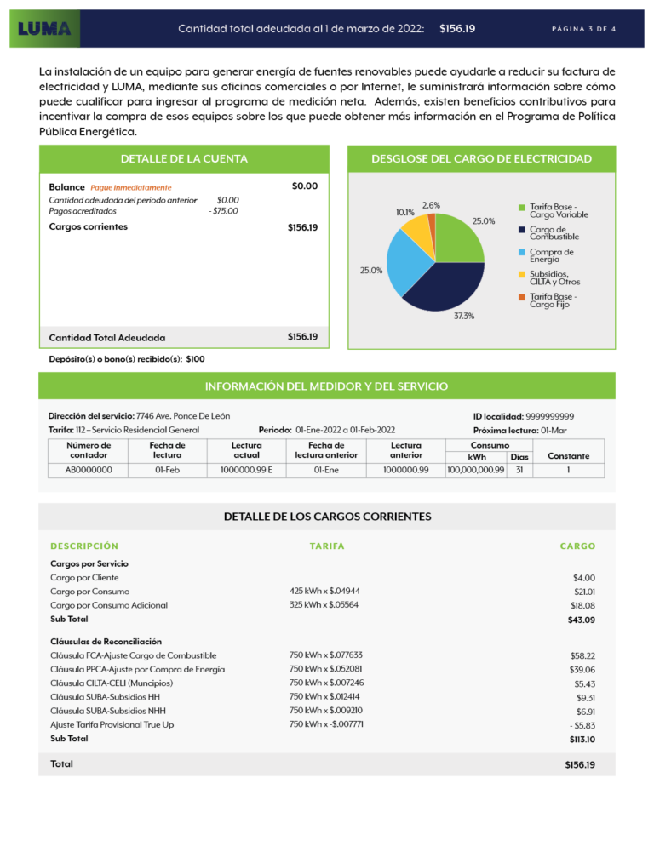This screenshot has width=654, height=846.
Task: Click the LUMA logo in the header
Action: coord(44,28)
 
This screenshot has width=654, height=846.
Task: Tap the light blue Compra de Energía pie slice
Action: coord(407,258)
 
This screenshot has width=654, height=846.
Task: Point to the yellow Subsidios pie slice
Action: coord(416,227)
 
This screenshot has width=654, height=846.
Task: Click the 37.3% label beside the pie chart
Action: coord(464,316)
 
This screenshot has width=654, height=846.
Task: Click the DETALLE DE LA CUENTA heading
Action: coord(184,158)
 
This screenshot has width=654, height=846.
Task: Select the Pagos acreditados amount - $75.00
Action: coord(224,211)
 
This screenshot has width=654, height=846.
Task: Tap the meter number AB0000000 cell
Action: coord(88,469)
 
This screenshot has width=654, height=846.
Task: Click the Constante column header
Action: coord(568,456)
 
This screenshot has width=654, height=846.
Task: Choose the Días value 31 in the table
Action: coord(519,469)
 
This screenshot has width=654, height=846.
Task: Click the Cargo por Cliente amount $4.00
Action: coord(583,577)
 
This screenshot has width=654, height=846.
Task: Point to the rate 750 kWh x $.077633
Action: coord(326,655)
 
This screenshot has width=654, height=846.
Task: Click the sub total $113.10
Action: coord(582,740)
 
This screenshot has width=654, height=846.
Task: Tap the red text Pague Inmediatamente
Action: coord(131,187)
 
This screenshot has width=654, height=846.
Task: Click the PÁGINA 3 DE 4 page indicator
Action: coord(583,29)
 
